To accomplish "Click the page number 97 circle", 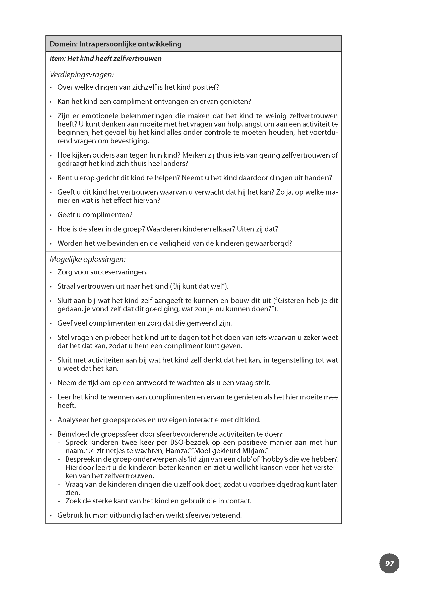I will (x=389, y=563).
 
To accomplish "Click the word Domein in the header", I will (x=63, y=44).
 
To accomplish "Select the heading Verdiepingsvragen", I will (x=82, y=75).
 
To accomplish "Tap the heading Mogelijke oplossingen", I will (x=88, y=260).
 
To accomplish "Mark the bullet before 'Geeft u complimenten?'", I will (x=51, y=215).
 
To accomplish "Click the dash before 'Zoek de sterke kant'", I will (x=59, y=501).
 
